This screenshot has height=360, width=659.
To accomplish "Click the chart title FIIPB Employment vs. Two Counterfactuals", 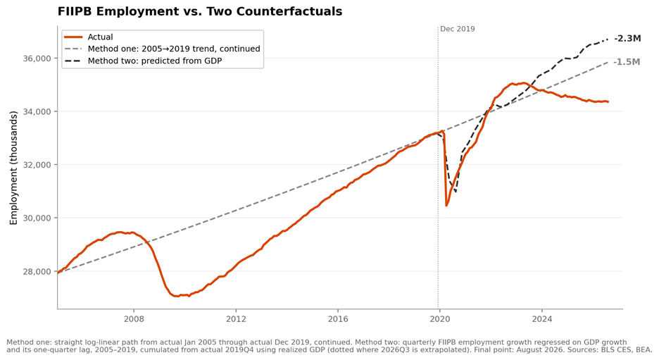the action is click(x=200, y=11).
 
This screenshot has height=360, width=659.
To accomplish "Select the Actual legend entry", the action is click(x=89, y=37).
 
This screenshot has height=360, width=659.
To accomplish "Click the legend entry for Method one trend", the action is click(x=162, y=49).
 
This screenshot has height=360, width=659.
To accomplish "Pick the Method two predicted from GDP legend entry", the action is click(x=144, y=61).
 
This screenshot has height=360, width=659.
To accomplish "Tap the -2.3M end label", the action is click(x=627, y=39).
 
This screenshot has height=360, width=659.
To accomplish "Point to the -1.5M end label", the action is click(x=627, y=62).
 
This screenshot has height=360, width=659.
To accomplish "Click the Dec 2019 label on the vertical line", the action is click(x=457, y=29).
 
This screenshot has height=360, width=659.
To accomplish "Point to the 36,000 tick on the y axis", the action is click(x=37, y=58).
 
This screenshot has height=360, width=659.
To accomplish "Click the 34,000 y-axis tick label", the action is click(x=37, y=111).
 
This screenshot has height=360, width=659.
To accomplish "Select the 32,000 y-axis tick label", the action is click(x=37, y=165).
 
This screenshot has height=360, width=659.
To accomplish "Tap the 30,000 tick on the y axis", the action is click(x=37, y=218).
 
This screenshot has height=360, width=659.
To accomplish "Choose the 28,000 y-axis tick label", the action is click(x=37, y=272).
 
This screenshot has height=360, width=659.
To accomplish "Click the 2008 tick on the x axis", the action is click(x=134, y=319).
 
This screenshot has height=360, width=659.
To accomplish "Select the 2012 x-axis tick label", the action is click(x=236, y=319).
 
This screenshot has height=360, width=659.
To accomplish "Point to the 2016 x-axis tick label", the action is click(x=338, y=319).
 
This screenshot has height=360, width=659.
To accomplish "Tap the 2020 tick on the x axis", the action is click(x=439, y=319).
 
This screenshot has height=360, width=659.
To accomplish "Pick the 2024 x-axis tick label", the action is click(x=541, y=319).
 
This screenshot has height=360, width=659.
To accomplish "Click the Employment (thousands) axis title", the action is click(x=13, y=168).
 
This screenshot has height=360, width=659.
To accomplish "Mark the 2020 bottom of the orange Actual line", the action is click(x=446, y=206).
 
